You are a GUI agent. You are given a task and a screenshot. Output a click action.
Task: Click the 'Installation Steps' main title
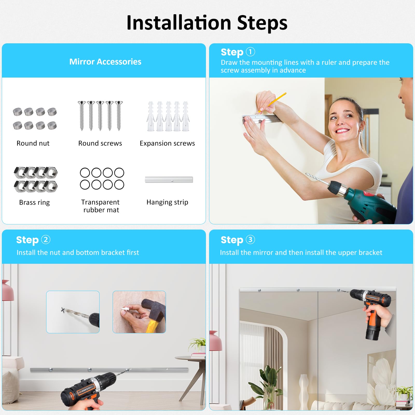tap(207, 23)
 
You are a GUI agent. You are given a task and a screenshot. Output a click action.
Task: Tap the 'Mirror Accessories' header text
tap(105, 62)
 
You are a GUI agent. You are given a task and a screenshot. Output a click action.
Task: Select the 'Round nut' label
tap(33, 143)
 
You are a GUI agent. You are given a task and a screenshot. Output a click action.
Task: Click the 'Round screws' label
tap(100, 143)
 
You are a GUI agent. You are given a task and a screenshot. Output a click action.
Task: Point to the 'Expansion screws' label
tap(167, 143)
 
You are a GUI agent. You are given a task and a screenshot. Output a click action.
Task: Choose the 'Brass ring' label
tap(34, 202)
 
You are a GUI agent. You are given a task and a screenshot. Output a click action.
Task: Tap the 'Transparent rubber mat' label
tap(101, 206)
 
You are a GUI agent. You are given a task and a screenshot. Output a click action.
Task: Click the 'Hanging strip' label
tap(167, 202)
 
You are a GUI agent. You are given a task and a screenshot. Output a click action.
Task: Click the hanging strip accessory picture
tap(169, 179)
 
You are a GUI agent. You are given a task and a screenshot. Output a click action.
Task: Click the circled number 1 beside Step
tap(250, 52)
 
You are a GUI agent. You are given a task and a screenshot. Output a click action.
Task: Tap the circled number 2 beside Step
tap(46, 239)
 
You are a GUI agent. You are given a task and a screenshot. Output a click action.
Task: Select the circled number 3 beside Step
tap(250, 239)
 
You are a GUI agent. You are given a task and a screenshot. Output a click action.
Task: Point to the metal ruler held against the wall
tap(262, 119)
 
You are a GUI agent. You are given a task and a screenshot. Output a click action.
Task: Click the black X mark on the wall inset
tap(63, 309)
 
